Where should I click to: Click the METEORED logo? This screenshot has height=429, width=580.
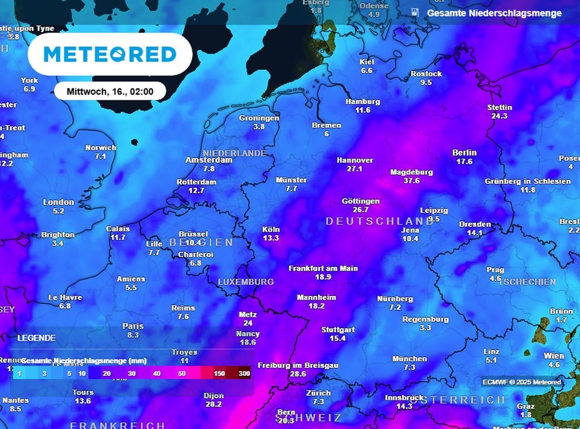tap(110, 54)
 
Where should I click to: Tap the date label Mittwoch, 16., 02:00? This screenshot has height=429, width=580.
tap(108, 91)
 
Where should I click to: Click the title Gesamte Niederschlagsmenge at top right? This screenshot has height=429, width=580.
tap(494, 13)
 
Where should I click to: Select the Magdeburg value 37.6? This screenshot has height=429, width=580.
tap(412, 181)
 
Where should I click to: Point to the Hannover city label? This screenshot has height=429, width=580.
tap(355, 160)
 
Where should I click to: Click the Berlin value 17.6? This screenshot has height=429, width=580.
tap(464, 162)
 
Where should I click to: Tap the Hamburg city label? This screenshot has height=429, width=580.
tap(362, 102)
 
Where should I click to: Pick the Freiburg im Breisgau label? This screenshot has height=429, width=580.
tap(298, 366)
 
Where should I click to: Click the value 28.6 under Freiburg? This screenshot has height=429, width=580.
tap(298, 375)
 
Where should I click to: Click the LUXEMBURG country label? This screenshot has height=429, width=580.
tap(246, 282)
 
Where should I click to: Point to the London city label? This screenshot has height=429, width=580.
tap(58, 202)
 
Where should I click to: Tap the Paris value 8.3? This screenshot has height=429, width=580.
tap(133, 335)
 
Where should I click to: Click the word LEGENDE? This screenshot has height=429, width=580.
tap(37, 338)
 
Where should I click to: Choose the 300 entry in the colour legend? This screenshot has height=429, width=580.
tap(244, 374)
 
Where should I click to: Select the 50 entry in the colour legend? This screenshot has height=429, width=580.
tap(181, 374)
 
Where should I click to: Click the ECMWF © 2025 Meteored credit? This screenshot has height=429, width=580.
tap(522, 382)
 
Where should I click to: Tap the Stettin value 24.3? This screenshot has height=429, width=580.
tap(499, 116)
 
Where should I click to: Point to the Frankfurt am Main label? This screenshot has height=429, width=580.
tap(323, 268)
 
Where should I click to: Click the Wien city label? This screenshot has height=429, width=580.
tap(553, 355)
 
